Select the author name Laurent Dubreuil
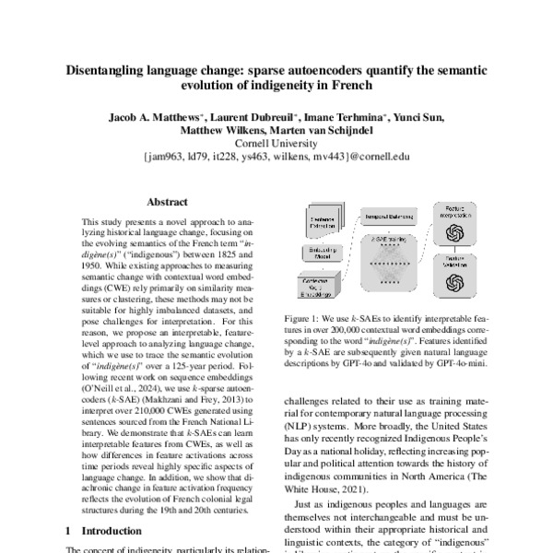pyautogui.click(x=253, y=118)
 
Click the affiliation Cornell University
pyautogui.click(x=276, y=144)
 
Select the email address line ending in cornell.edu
pyautogui.click(x=276, y=157)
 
